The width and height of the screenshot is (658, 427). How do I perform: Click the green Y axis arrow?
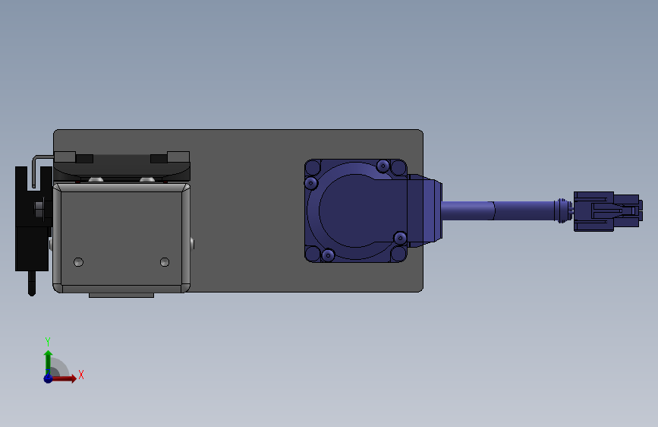[48, 359]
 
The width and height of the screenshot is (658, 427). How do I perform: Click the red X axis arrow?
[65, 378]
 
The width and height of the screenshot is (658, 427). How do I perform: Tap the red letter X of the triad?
[80, 375]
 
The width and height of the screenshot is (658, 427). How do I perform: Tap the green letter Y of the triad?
[47, 341]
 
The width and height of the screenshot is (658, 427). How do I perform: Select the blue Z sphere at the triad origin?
[48, 378]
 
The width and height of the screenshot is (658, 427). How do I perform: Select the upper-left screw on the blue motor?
[311, 183]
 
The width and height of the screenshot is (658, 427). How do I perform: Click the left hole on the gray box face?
[78, 262]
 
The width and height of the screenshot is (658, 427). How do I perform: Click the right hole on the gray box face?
[165, 262]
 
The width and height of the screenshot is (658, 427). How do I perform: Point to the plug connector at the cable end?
[607, 210]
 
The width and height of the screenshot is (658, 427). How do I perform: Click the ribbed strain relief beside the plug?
[562, 210]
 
